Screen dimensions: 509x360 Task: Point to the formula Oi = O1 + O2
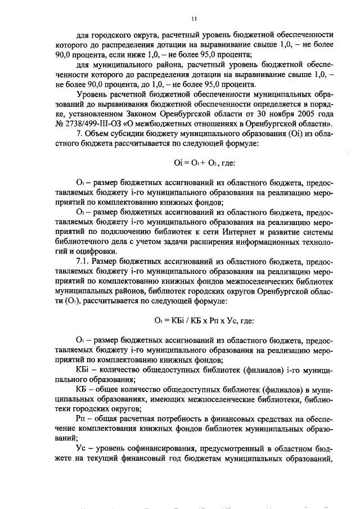pos(202,163)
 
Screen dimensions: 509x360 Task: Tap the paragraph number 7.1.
pos(85,263)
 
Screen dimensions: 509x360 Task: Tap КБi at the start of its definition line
pos(82,370)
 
